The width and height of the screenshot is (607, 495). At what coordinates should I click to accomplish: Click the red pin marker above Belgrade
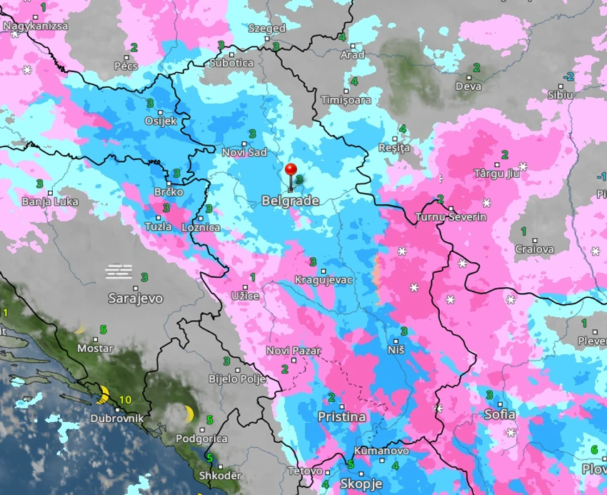(291, 171)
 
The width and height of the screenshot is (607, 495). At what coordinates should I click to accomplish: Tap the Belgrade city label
(290, 201)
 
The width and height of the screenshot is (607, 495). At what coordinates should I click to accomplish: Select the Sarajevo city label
(135, 298)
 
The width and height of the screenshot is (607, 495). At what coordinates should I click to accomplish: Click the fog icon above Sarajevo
(119, 271)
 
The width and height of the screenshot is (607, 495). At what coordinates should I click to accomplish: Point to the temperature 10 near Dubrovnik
(126, 400)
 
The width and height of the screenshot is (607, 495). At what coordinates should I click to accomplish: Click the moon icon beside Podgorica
(189, 414)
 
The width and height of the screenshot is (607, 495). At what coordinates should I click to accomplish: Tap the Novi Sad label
(244, 152)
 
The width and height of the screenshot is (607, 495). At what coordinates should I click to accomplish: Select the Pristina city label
(341, 416)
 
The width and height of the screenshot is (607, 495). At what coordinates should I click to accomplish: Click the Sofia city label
(499, 414)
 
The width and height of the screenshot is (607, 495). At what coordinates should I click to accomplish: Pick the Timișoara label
(346, 101)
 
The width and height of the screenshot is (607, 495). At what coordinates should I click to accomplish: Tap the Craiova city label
(534, 249)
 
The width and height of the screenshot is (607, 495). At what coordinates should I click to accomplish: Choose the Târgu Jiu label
(494, 174)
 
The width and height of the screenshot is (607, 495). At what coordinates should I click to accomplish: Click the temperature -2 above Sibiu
(568, 76)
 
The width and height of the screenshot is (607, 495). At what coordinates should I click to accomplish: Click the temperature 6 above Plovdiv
(594, 450)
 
